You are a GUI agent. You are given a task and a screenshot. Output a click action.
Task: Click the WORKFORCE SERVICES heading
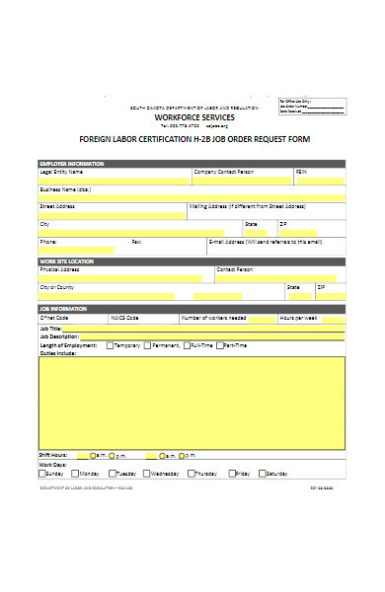point(192,116)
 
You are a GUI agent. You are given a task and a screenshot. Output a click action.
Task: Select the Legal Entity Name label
point(61,171)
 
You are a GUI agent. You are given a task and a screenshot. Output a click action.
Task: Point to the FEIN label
point(301,171)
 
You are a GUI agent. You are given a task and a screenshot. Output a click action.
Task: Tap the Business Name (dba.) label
point(65,188)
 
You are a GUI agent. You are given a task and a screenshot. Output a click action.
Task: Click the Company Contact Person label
point(223,171)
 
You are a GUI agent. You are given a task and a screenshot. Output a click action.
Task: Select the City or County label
point(58,286)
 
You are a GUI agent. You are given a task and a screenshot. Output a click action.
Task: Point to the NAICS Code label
point(125,318)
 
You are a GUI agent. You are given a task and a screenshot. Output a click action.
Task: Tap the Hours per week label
point(297,318)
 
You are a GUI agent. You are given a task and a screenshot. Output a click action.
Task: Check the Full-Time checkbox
point(185,345)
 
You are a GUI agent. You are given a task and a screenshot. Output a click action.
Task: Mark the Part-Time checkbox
point(221,345)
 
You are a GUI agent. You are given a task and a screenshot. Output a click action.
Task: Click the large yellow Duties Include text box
point(192,402)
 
